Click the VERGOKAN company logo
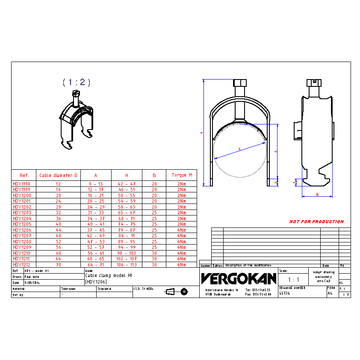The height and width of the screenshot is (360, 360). coord(238,279)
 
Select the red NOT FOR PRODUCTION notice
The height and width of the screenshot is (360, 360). coord(316,221)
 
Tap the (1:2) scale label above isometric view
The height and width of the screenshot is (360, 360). coord(77,82)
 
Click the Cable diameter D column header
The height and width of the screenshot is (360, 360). coord(59,175)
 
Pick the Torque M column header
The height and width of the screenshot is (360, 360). coord(182,175)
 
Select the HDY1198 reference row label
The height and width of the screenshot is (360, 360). coord(21,184)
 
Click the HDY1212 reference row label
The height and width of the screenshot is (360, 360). coord(21,265)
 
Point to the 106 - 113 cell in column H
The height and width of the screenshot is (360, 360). coord(127,265)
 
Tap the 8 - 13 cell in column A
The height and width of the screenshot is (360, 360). coord(96,184)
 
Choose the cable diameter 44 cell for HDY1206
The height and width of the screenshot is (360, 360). coord(59,230)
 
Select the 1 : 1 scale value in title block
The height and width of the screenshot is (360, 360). coord(293,280)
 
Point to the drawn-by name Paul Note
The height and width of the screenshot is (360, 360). coord(32,277)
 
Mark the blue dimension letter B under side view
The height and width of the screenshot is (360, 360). coord(317,194)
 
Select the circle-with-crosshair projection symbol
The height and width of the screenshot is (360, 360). coord(184,292)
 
